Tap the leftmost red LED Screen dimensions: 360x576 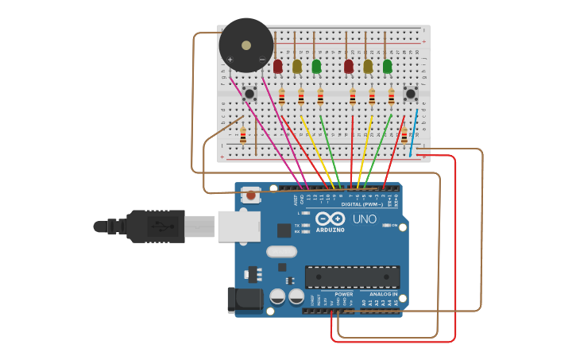(x=278, y=67)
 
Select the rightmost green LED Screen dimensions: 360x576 (x=388, y=67)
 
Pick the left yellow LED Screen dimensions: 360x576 (x=297, y=67)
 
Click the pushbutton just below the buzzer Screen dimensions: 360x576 (x=249, y=94)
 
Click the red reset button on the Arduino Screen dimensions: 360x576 (x=251, y=195)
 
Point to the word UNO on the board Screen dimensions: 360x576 (x=365, y=219)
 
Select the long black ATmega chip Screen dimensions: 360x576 (x=352, y=277)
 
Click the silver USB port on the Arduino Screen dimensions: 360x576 (x=239, y=226)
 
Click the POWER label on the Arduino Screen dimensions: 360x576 (x=344, y=294)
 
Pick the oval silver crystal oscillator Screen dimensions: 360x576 (x=281, y=252)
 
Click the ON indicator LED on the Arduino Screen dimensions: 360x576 (x=387, y=226)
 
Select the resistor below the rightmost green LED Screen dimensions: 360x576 (x=391, y=97)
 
